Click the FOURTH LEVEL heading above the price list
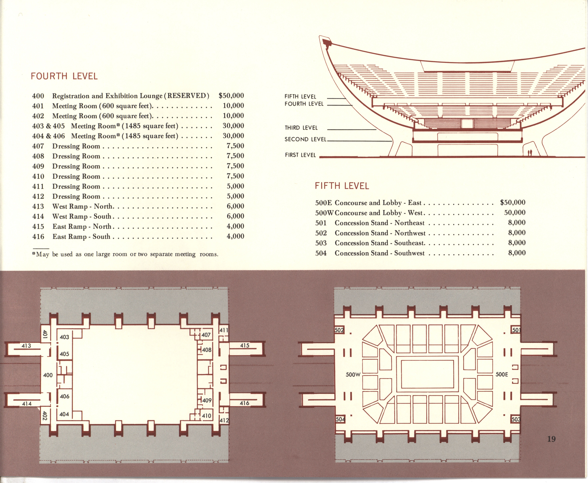click(64, 76)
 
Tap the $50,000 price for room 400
click(231, 96)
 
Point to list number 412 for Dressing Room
click(38, 196)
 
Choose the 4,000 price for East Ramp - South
click(235, 236)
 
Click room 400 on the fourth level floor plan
click(48, 375)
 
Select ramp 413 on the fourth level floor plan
click(26, 346)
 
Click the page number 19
click(551, 439)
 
